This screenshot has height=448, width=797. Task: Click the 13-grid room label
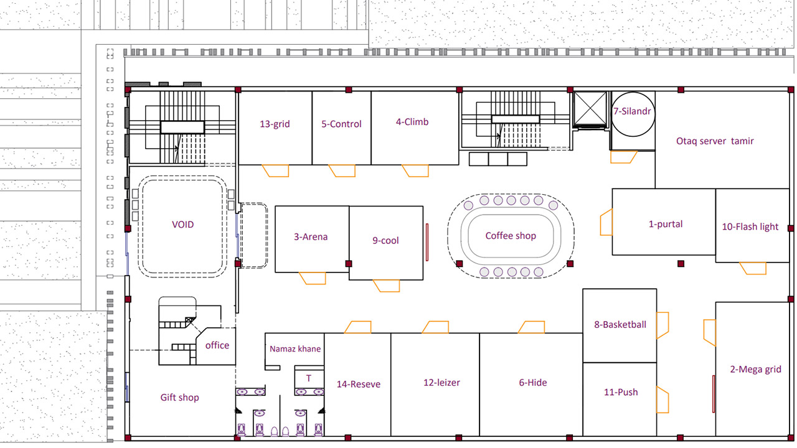coord(275,124)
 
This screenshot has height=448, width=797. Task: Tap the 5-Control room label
coord(341,124)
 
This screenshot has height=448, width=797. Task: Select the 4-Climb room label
coord(412,122)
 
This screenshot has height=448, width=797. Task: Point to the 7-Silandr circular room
coord(633,93)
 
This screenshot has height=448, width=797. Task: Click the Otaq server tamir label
coord(715,141)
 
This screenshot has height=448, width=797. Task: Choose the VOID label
coord(183,225)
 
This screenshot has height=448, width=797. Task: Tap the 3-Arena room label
coord(311,237)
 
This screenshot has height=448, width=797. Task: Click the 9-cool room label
coord(385,241)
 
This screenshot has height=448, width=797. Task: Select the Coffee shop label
coord(511,236)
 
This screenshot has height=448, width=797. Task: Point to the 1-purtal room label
coord(666,225)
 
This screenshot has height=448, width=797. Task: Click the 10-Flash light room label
coord(750,227)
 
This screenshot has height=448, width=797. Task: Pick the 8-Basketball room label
coord(620,325)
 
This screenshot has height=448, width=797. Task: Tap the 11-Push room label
coord(621,392)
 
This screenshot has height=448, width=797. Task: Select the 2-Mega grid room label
coord(756,370)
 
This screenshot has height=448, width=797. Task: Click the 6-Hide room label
coord(532,383)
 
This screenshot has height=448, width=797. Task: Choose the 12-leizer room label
coord(441,383)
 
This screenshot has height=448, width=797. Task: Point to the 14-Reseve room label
coord(358,385)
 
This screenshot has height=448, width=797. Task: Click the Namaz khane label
coord(295,349)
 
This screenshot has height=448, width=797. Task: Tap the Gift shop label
coord(179,398)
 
